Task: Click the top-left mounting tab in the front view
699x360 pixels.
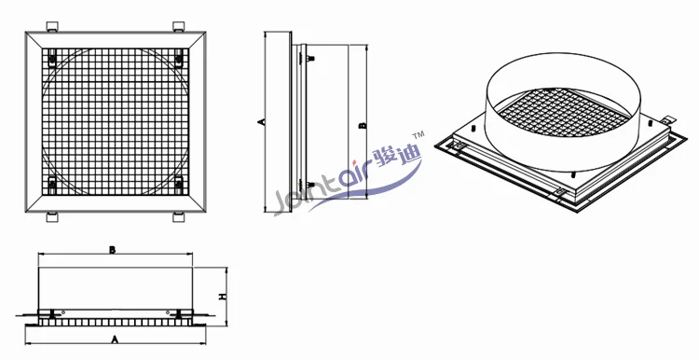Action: pos(52,26)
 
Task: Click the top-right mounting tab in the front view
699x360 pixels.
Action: pos(178,26)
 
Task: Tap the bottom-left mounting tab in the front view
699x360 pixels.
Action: pos(52,216)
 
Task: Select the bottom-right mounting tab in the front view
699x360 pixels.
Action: pos(178,216)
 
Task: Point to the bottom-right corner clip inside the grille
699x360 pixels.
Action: pos(179,184)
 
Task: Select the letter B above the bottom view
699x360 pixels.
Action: pos(113,250)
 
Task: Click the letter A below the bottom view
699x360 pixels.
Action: pos(115,339)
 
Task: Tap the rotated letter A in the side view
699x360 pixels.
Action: pos(262,121)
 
